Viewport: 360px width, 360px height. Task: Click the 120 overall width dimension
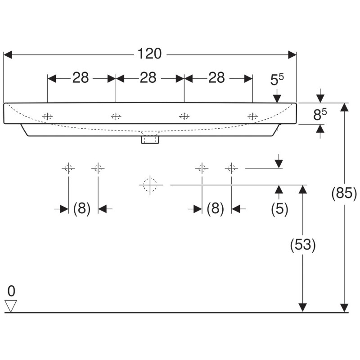click(x=149, y=54)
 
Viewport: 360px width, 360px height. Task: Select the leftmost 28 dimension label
click(x=81, y=77)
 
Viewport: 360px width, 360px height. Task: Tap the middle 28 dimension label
click(x=148, y=77)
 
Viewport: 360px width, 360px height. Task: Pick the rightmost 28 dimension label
click(x=216, y=77)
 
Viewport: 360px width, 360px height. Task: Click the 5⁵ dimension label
click(x=277, y=80)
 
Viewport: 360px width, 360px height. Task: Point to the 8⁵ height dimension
click(x=320, y=114)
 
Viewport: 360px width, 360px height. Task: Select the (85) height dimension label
click(x=344, y=193)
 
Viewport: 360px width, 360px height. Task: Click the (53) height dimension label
click(x=303, y=244)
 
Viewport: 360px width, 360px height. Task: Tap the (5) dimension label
click(x=279, y=209)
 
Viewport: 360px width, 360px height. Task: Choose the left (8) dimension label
click(x=82, y=208)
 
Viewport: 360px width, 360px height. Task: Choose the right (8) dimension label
click(x=215, y=208)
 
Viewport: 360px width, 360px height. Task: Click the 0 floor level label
click(x=11, y=291)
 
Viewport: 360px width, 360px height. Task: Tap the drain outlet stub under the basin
click(x=150, y=139)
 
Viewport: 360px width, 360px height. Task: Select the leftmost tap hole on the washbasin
click(x=48, y=117)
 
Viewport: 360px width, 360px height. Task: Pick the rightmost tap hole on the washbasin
click(x=253, y=117)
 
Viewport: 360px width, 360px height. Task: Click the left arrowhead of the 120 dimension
click(x=8, y=55)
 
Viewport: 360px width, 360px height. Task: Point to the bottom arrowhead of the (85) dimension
click(x=344, y=308)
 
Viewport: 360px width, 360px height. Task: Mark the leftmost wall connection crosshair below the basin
click(x=68, y=168)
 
